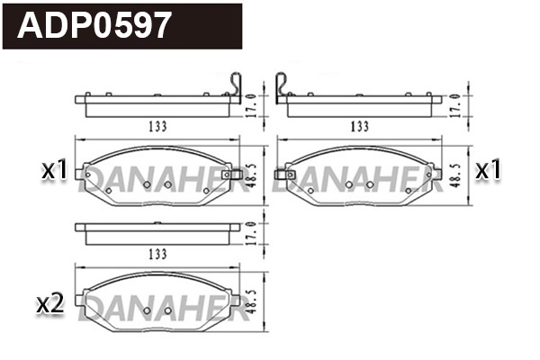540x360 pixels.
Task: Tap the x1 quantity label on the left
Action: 56,168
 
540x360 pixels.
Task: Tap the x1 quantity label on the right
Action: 488,168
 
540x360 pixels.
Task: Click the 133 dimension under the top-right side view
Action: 360,127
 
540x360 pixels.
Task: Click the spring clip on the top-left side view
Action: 235,85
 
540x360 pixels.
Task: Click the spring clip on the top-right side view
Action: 283,85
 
